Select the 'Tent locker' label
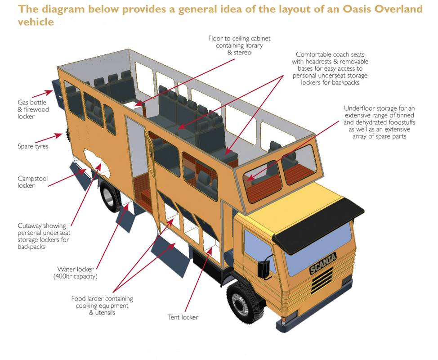[x=183, y=317]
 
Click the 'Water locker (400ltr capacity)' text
[x=75, y=273]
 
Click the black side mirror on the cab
[x=264, y=267]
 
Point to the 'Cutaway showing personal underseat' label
[x=44, y=236]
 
